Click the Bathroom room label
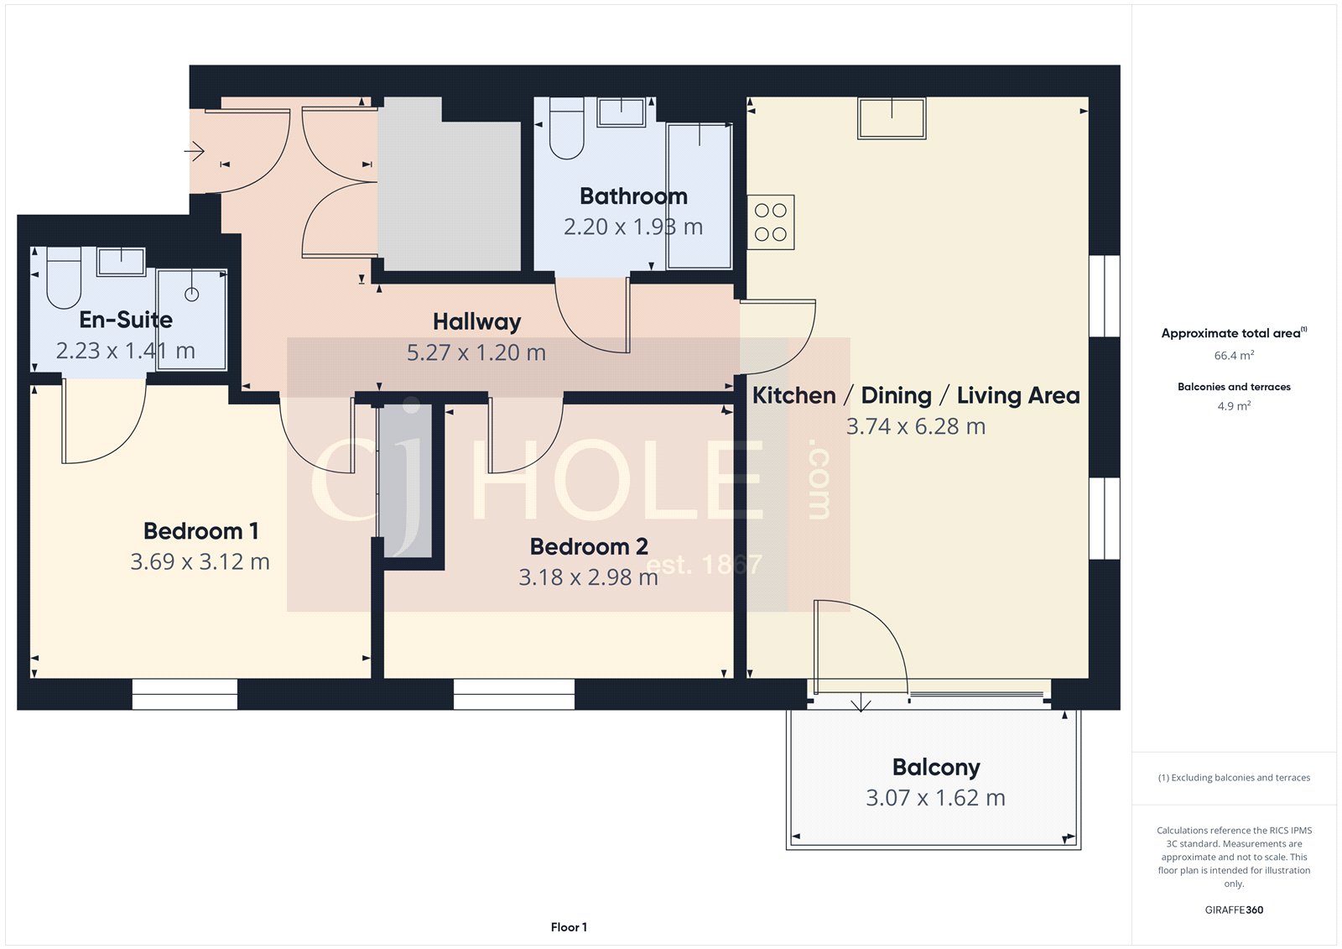click(x=633, y=196)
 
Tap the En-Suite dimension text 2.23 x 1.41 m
click(x=126, y=351)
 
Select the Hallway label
click(x=476, y=321)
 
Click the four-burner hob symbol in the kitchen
click(x=770, y=222)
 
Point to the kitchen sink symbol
click(x=891, y=117)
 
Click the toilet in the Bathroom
click(x=566, y=130)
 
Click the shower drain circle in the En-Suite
click(x=191, y=295)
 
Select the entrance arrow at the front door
click(x=195, y=151)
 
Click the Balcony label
click(x=936, y=767)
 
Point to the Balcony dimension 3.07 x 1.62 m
click(x=935, y=798)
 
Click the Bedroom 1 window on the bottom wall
click(x=185, y=694)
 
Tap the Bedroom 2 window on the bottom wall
click(x=514, y=694)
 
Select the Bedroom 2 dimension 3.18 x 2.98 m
click(x=588, y=577)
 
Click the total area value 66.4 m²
click(x=1234, y=356)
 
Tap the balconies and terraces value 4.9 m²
click(x=1234, y=406)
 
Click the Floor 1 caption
click(x=569, y=927)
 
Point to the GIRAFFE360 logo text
click(x=1234, y=910)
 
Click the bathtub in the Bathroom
click(x=700, y=196)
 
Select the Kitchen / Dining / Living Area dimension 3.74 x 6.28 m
click(x=915, y=426)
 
